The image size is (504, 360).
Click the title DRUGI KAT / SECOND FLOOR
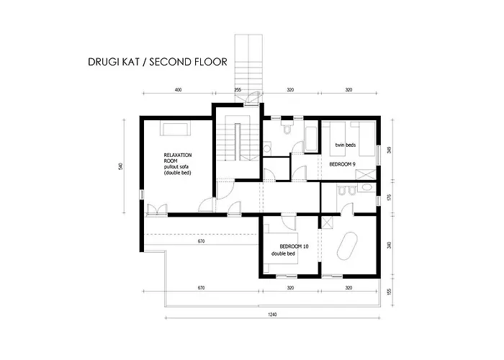click(x=158, y=62)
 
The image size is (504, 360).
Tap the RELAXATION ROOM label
click(x=178, y=158)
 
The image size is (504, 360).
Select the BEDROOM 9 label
click(x=342, y=164)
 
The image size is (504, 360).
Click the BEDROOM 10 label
click(x=294, y=246)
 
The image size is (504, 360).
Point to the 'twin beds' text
click(x=346, y=145)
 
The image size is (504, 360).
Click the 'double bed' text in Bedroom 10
click(x=283, y=253)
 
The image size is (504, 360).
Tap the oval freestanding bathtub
click(x=348, y=246)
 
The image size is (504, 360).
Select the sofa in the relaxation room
click(x=175, y=129)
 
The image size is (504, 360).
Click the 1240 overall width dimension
click(x=272, y=315)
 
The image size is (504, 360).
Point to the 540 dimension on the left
click(x=120, y=166)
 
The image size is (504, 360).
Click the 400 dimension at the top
click(x=178, y=90)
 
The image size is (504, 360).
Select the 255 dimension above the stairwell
click(x=238, y=90)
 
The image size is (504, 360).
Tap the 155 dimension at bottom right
click(x=390, y=292)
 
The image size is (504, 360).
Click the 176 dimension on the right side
click(x=390, y=197)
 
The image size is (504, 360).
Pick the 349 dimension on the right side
click(x=390, y=150)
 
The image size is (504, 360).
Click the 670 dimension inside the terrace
click(x=201, y=241)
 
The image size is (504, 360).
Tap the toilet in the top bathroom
click(x=287, y=127)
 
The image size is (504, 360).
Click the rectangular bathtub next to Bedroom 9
click(x=310, y=139)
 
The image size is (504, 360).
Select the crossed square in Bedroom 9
click(x=365, y=175)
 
